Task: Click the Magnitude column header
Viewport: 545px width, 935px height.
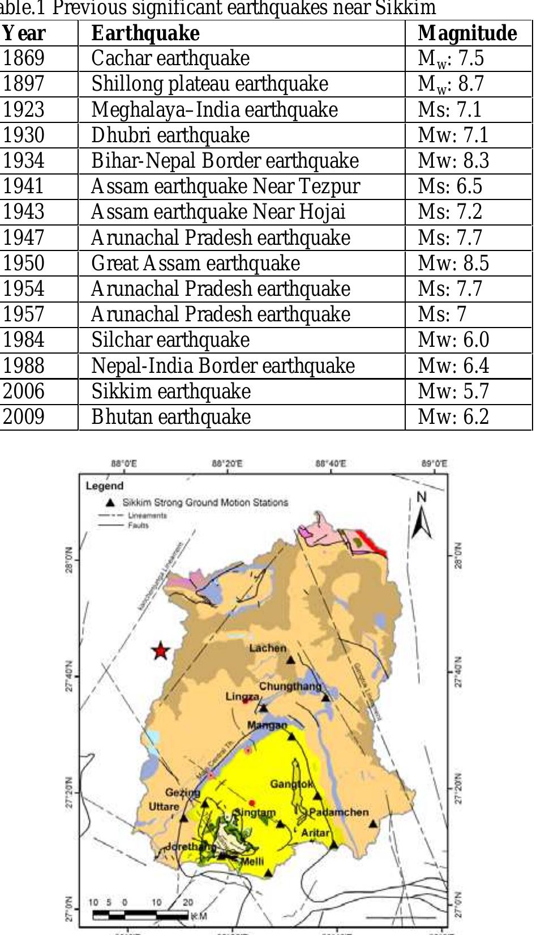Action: pos(467,33)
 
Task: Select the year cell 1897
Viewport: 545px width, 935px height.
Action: pos(24,84)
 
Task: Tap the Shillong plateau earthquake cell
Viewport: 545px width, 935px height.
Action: pos(210,84)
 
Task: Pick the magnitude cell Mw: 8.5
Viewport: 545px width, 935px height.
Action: pos(453,263)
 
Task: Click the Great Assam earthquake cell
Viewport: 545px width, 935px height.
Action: pos(196,263)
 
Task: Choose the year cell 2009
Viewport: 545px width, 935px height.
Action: pos(24,417)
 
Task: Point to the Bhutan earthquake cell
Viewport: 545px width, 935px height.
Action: pos(171,417)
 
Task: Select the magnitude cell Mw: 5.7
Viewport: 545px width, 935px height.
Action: pos(453,392)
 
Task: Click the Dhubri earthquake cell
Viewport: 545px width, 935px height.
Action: pos(170,135)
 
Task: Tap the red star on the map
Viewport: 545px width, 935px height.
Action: pos(161,651)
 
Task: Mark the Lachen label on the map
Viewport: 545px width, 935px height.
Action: pos(268,648)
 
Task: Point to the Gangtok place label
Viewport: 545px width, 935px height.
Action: pos(291,784)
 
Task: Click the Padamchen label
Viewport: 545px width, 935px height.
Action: pos(339,812)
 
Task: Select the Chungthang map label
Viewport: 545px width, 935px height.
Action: pos(290,686)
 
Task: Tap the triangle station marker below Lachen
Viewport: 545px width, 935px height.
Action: pos(291,660)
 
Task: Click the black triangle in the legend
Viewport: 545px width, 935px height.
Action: pos(111,502)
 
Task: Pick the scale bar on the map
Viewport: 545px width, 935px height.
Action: pos(140,915)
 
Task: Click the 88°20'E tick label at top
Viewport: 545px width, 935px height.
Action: pos(228,464)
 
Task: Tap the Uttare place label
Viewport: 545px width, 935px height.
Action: pos(164,806)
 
